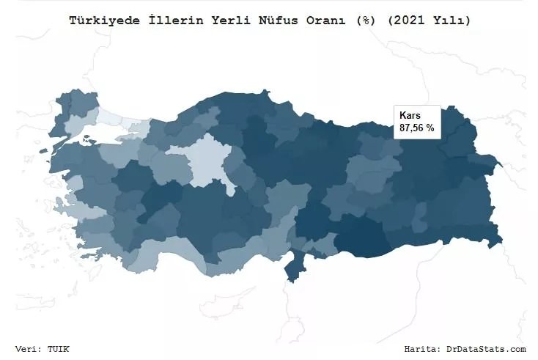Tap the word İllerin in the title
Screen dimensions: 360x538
(166, 21)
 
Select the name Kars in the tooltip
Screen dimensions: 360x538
(410, 116)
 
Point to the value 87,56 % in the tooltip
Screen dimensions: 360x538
(417, 128)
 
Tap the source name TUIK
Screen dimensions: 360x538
(60, 349)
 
